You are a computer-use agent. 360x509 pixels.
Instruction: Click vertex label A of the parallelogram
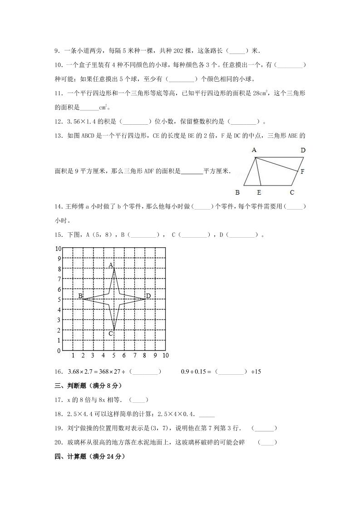[x=254, y=150]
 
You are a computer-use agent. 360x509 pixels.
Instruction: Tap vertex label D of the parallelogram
[x=303, y=150]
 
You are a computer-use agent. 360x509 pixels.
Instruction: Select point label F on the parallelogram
[x=302, y=172]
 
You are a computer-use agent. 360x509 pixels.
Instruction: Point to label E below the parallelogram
[x=259, y=192]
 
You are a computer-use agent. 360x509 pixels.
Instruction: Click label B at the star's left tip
[x=80, y=296]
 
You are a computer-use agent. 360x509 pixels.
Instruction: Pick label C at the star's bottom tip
[x=110, y=333]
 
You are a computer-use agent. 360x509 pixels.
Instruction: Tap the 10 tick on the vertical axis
[x=58, y=249]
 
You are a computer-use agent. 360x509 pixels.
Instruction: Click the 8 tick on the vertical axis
[x=58, y=269]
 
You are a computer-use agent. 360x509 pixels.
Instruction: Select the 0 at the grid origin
[x=58, y=351]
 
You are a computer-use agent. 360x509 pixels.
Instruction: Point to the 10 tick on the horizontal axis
[x=165, y=355]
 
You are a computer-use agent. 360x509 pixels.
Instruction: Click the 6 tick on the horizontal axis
[x=124, y=355]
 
